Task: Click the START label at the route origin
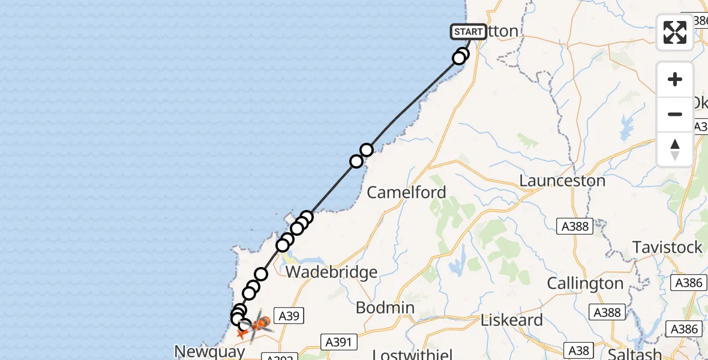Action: coord(468,32)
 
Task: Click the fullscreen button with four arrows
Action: coord(675,32)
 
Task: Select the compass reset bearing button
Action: coord(675,149)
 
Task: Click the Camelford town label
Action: coord(406,193)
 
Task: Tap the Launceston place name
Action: coord(562,181)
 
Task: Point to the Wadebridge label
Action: coord(332,272)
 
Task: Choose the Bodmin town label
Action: coord(385,308)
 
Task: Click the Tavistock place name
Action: coord(668,247)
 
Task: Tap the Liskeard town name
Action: coord(512,320)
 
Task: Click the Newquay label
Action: coord(209,351)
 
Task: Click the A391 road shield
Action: coord(338,342)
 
